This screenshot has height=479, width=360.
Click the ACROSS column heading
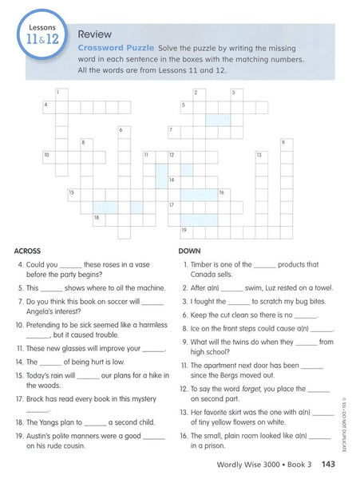[28, 251]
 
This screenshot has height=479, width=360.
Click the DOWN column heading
[189, 251]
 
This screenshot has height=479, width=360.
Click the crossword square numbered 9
[284, 144]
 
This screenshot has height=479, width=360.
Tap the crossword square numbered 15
[73, 194]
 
